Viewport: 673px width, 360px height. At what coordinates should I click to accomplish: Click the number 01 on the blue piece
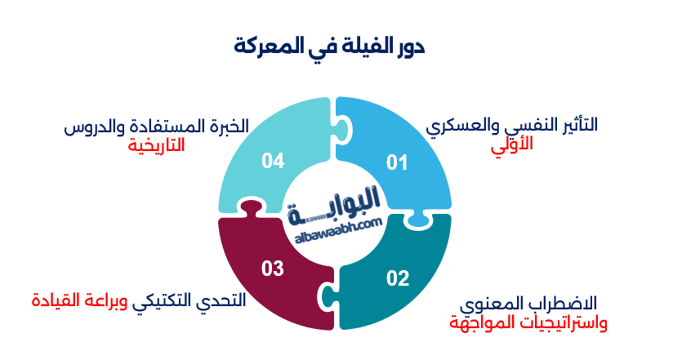point(397,163)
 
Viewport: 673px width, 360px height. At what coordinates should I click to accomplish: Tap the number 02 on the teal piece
point(398,279)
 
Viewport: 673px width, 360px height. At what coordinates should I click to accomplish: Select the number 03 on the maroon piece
point(273,268)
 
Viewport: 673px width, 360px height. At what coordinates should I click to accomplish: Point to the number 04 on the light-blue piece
point(273,162)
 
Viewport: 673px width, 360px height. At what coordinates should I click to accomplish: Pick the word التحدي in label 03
point(226,300)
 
